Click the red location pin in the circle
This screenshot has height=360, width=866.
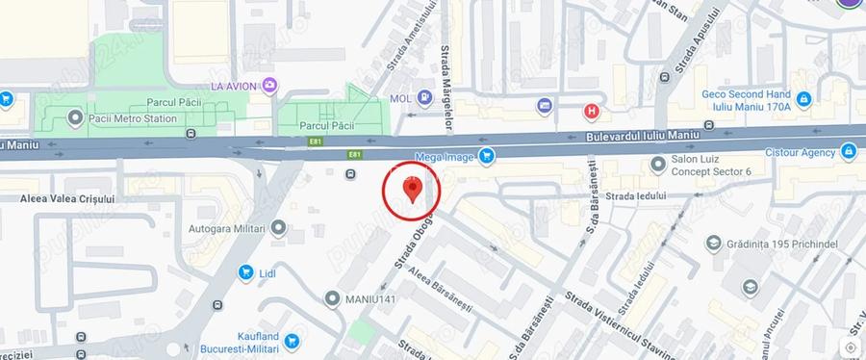click(x=412, y=190)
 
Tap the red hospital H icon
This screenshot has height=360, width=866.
click(x=592, y=111)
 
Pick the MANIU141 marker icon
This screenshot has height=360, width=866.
click(x=332, y=298)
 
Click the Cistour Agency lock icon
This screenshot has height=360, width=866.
click(x=848, y=151)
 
